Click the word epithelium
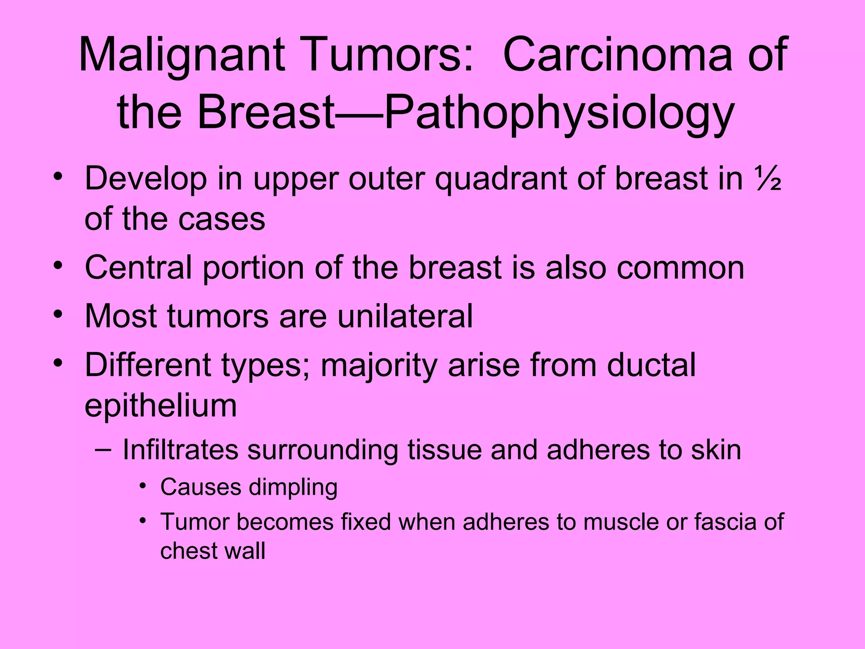pos(160,406)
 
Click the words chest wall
pos(212,551)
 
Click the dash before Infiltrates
pos(103,449)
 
